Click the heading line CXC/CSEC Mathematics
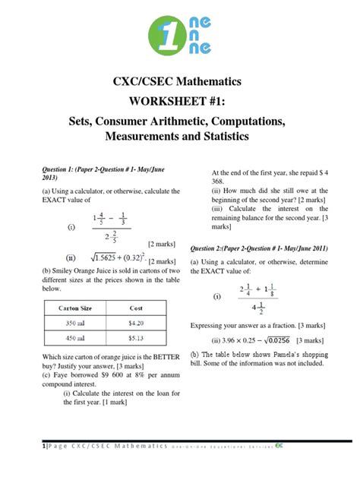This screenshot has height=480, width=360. pyautogui.click(x=180, y=83)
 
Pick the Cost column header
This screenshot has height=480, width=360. pyautogui.click(x=135, y=308)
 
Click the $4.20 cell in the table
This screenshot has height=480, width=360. pyautogui.click(x=135, y=323)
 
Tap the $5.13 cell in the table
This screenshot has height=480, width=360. pyautogui.click(x=135, y=338)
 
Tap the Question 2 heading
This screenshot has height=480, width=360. pyautogui.click(x=258, y=248)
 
